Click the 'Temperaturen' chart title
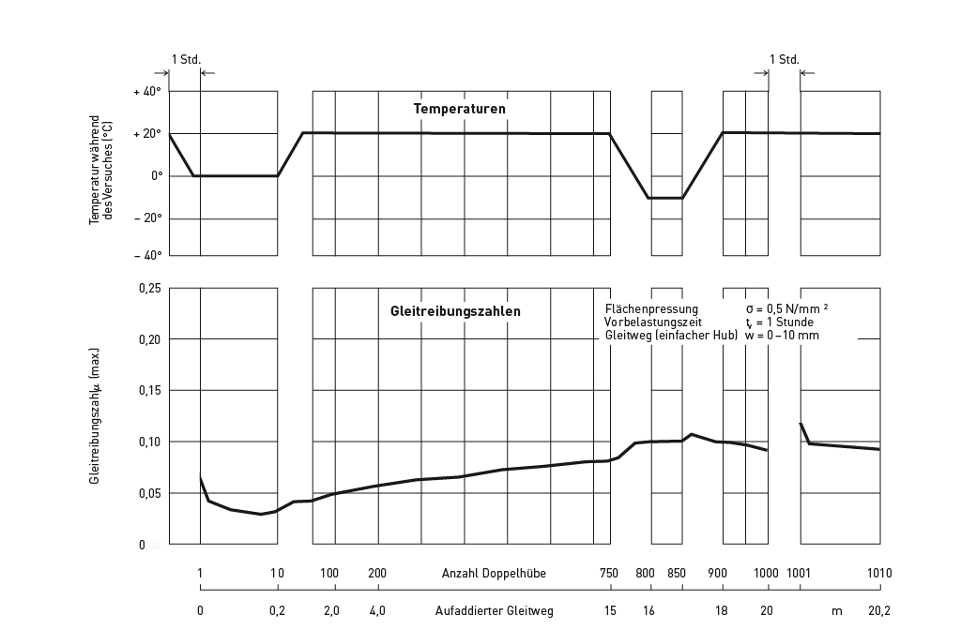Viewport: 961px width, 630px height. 460,109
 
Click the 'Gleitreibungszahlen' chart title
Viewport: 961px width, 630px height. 455,309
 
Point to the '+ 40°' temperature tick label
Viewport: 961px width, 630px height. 148,92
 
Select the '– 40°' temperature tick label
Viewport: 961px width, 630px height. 148,255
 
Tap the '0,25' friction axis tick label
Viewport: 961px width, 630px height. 150,288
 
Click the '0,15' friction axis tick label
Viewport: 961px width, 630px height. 150,390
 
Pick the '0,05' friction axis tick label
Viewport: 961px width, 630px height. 150,493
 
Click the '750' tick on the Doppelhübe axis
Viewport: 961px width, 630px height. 609,574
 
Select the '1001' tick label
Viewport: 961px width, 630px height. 799,574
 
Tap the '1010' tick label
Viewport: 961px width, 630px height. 879,574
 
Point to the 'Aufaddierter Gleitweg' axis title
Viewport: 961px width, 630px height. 495,611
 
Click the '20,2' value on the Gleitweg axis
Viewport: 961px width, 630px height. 879,611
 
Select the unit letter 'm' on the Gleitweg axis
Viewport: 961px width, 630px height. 836,611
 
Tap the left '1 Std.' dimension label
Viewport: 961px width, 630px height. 186,60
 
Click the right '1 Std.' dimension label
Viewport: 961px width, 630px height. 784,60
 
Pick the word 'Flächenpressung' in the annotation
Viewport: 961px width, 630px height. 652,309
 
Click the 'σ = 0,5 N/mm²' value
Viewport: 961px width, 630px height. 786,309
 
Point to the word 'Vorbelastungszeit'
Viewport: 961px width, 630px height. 654,322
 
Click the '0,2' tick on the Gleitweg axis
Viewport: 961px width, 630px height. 276,611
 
